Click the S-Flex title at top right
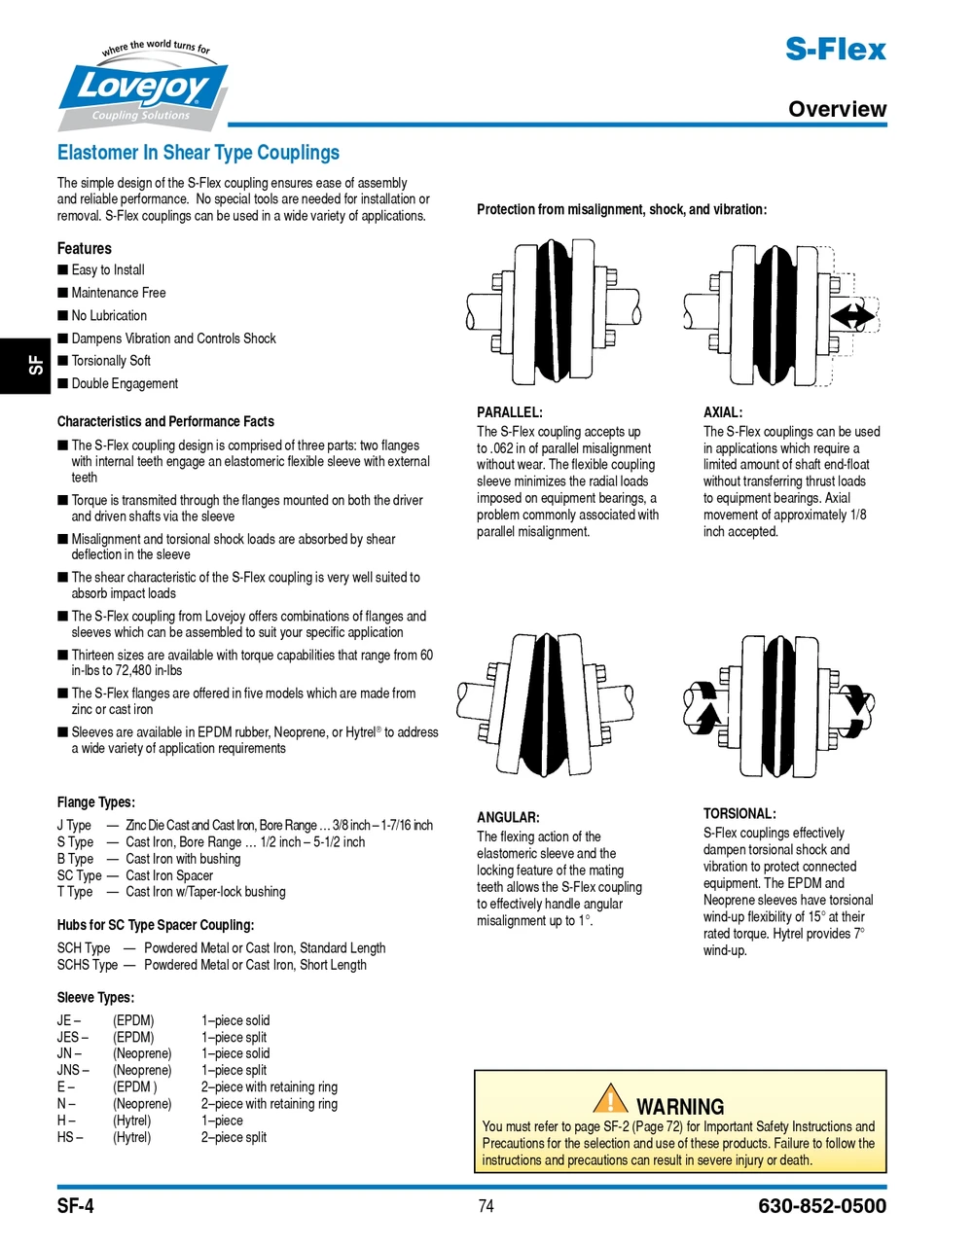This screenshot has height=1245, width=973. pyautogui.click(x=836, y=50)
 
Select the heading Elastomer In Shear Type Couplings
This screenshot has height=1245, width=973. pyautogui.click(x=198, y=153)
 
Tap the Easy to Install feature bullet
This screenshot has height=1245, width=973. pyautogui.click(x=107, y=270)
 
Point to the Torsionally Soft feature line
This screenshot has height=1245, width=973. pyautogui.click(x=110, y=361)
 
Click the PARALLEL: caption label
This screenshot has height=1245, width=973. pyautogui.click(x=509, y=412)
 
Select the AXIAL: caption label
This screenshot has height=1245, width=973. pyautogui.click(x=722, y=412)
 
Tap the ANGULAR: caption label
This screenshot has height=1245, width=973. pyautogui.click(x=508, y=818)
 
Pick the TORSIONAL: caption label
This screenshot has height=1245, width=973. pyautogui.click(x=739, y=814)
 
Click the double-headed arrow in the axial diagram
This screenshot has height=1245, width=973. pyautogui.click(x=852, y=316)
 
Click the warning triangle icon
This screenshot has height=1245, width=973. pyautogui.click(x=610, y=1098)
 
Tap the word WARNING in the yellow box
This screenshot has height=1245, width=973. pyautogui.click(x=680, y=1107)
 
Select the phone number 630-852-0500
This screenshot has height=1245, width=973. pyautogui.click(x=822, y=1207)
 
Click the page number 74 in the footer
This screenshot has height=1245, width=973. pyautogui.click(x=486, y=1207)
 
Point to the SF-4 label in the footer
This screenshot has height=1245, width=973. pyautogui.click(x=76, y=1207)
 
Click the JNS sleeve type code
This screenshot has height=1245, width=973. pyautogui.click(x=71, y=1071)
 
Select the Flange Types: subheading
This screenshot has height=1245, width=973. pyautogui.click(x=95, y=802)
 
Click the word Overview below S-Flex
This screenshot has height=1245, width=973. pyautogui.click(x=837, y=109)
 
